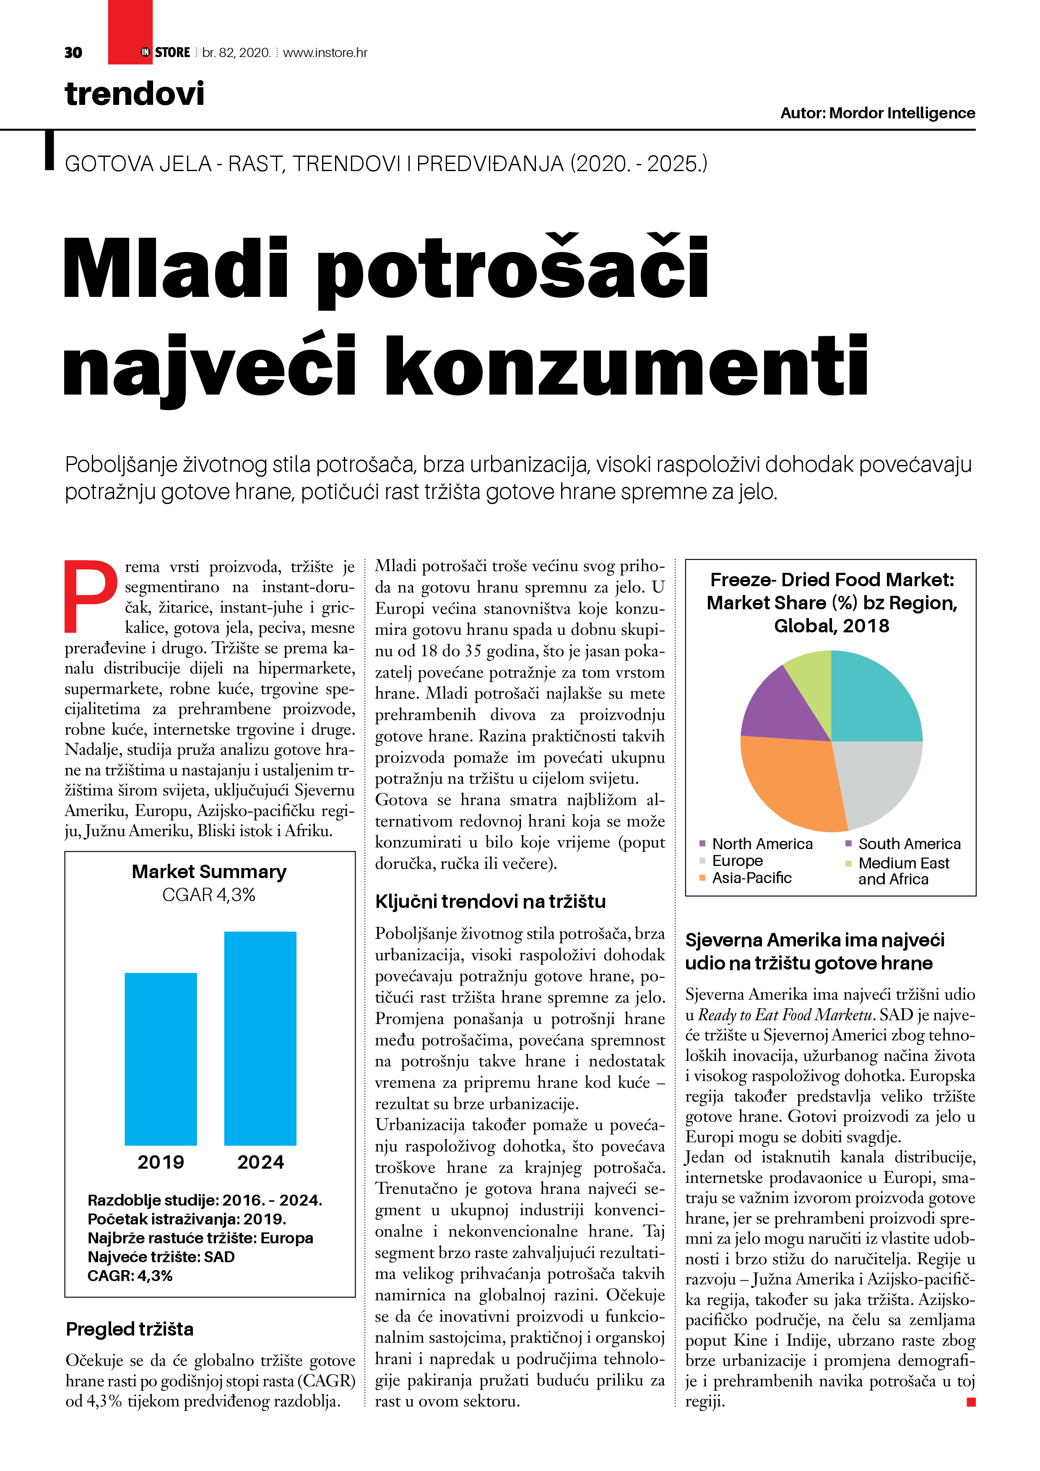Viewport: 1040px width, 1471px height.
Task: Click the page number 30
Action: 73,52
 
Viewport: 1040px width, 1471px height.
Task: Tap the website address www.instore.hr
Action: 325,52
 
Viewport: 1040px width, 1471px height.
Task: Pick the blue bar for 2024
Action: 260,1038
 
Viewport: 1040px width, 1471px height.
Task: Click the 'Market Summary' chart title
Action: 209,871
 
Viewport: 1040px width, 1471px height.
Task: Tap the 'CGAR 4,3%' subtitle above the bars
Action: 209,894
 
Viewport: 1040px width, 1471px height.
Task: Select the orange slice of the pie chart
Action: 791,782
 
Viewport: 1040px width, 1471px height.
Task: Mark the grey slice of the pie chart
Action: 878,778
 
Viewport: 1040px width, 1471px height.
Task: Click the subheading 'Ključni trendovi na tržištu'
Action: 490,902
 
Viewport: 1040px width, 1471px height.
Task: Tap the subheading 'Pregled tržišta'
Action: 130,1329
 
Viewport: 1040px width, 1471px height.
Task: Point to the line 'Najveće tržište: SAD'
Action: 161,1257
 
